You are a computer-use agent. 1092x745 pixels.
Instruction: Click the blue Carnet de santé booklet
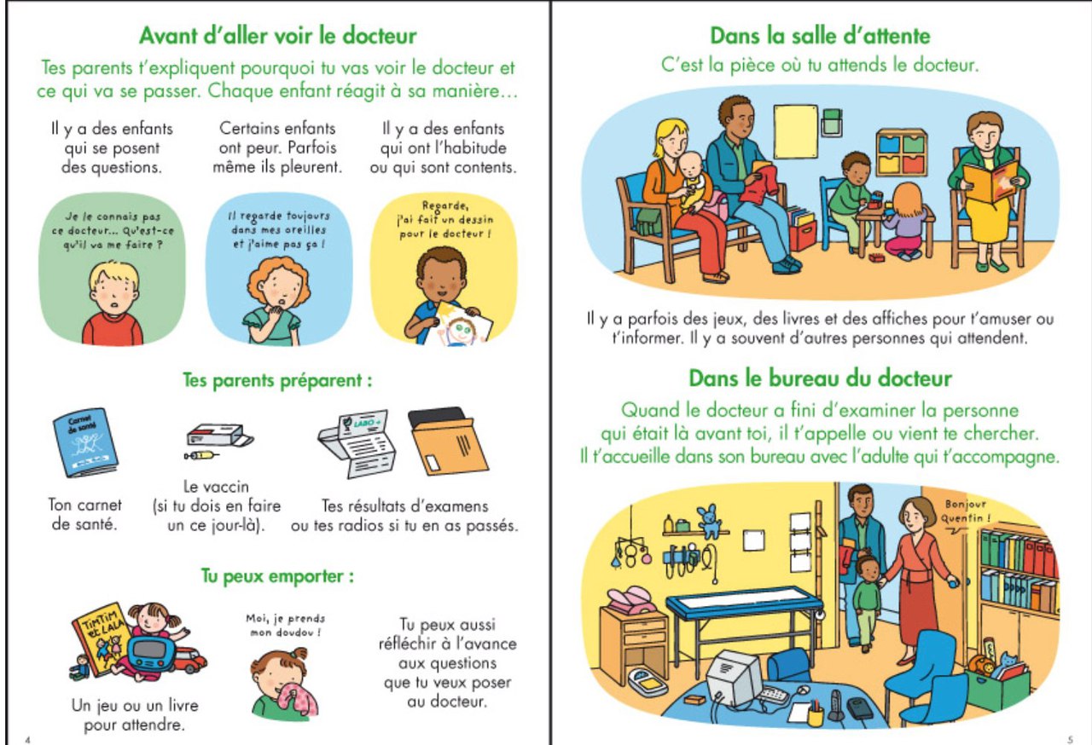coord(85,442)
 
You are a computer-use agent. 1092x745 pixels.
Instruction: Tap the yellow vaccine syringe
coord(200,456)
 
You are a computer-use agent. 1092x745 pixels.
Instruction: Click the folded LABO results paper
coord(357,444)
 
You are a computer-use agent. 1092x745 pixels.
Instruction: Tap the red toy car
coord(190,660)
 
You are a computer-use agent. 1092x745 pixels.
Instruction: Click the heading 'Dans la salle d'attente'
coord(820,36)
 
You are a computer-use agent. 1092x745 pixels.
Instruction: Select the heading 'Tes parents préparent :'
coord(277,380)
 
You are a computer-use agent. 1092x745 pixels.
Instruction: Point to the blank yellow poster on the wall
coord(796,131)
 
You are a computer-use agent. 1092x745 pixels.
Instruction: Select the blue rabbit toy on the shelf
coord(709,522)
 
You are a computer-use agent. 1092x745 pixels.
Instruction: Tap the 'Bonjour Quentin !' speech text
coord(965,511)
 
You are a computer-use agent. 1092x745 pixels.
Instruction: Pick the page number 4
coord(27,740)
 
